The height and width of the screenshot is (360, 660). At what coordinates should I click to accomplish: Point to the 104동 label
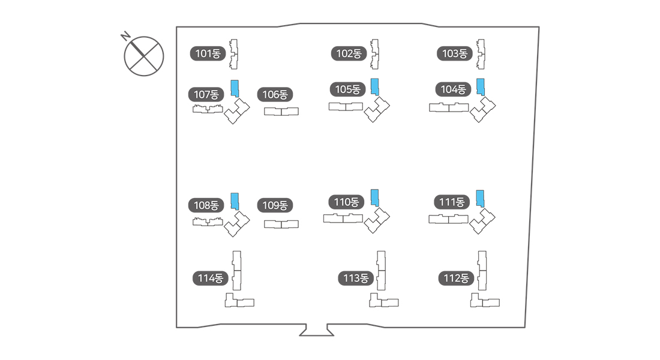[x=453, y=89]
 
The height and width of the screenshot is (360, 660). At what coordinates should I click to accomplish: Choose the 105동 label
[x=347, y=89]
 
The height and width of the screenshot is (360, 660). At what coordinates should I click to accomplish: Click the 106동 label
[x=275, y=94]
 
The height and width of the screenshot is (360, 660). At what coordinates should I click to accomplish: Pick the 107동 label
[x=206, y=94]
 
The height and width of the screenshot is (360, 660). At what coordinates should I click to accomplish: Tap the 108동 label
[x=206, y=205]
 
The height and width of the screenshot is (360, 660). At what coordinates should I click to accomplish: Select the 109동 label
[x=275, y=205]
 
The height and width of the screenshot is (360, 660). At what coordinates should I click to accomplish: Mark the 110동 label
[x=346, y=202]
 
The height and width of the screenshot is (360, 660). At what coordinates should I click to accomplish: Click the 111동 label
[x=452, y=202]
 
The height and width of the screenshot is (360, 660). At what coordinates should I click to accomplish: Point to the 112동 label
[x=456, y=278]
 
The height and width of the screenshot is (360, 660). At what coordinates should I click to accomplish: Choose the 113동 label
[x=356, y=278]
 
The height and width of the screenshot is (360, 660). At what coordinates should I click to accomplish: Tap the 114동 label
[x=210, y=278]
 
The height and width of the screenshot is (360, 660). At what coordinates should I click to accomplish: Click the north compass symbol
[x=144, y=56]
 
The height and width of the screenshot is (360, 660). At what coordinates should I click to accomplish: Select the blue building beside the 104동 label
[x=480, y=87]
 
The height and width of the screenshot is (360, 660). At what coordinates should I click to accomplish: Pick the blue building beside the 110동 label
[x=375, y=197]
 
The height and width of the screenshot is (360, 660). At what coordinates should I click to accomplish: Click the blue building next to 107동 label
[x=235, y=89]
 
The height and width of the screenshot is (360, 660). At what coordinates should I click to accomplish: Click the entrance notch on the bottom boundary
[x=316, y=331]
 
